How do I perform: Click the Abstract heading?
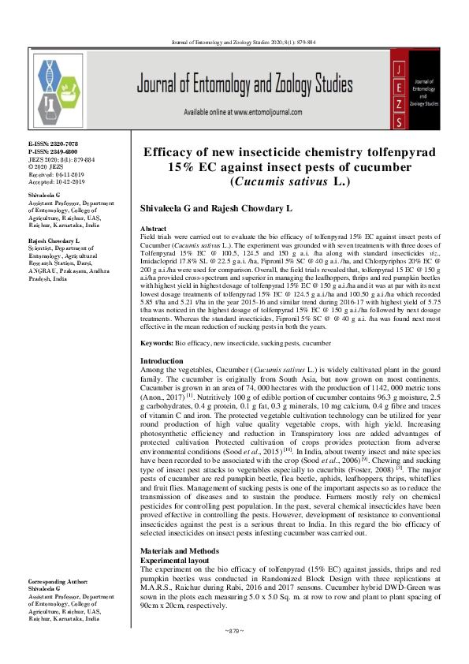tap(154, 227)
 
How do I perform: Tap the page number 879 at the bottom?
tap(235, 632)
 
